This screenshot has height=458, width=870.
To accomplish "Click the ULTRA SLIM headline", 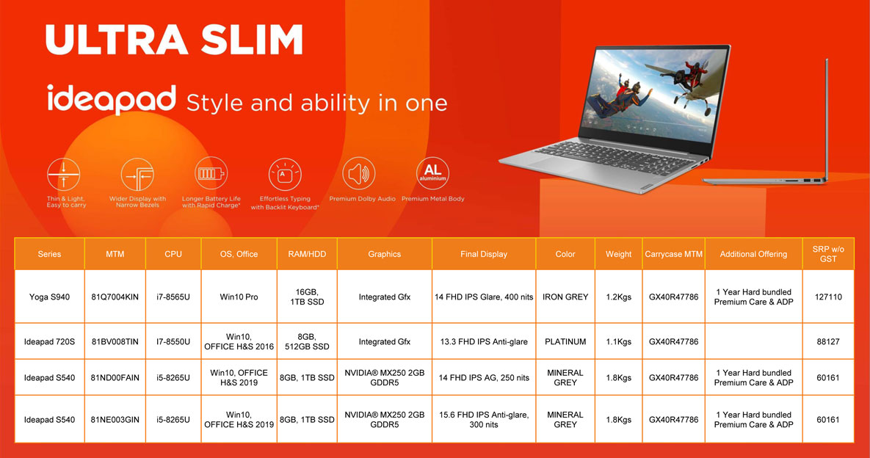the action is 174,40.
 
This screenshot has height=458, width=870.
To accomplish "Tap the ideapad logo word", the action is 112,100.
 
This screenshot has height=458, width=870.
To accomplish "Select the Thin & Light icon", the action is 64,175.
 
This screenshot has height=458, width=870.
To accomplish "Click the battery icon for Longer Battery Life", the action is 211,173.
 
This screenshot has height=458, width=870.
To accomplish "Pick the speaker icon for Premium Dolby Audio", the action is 358,173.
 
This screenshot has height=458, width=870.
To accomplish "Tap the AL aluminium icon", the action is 432,173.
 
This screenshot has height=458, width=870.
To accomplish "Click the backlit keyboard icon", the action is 285,175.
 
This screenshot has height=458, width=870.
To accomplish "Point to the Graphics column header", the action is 384,254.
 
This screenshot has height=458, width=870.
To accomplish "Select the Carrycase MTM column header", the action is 673,254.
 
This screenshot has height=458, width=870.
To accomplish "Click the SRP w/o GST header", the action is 828,254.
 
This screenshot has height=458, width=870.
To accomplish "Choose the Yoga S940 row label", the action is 49,297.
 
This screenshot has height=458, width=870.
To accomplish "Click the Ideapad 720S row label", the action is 49,341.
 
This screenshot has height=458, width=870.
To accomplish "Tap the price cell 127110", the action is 828,297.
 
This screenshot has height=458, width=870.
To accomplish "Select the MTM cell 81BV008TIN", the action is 115,341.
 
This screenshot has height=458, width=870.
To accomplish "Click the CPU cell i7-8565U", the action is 173,297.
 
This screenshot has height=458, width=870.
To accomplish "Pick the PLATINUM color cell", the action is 565,341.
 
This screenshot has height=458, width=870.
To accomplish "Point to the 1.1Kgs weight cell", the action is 618,341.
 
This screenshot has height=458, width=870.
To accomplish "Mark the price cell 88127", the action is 828,341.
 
